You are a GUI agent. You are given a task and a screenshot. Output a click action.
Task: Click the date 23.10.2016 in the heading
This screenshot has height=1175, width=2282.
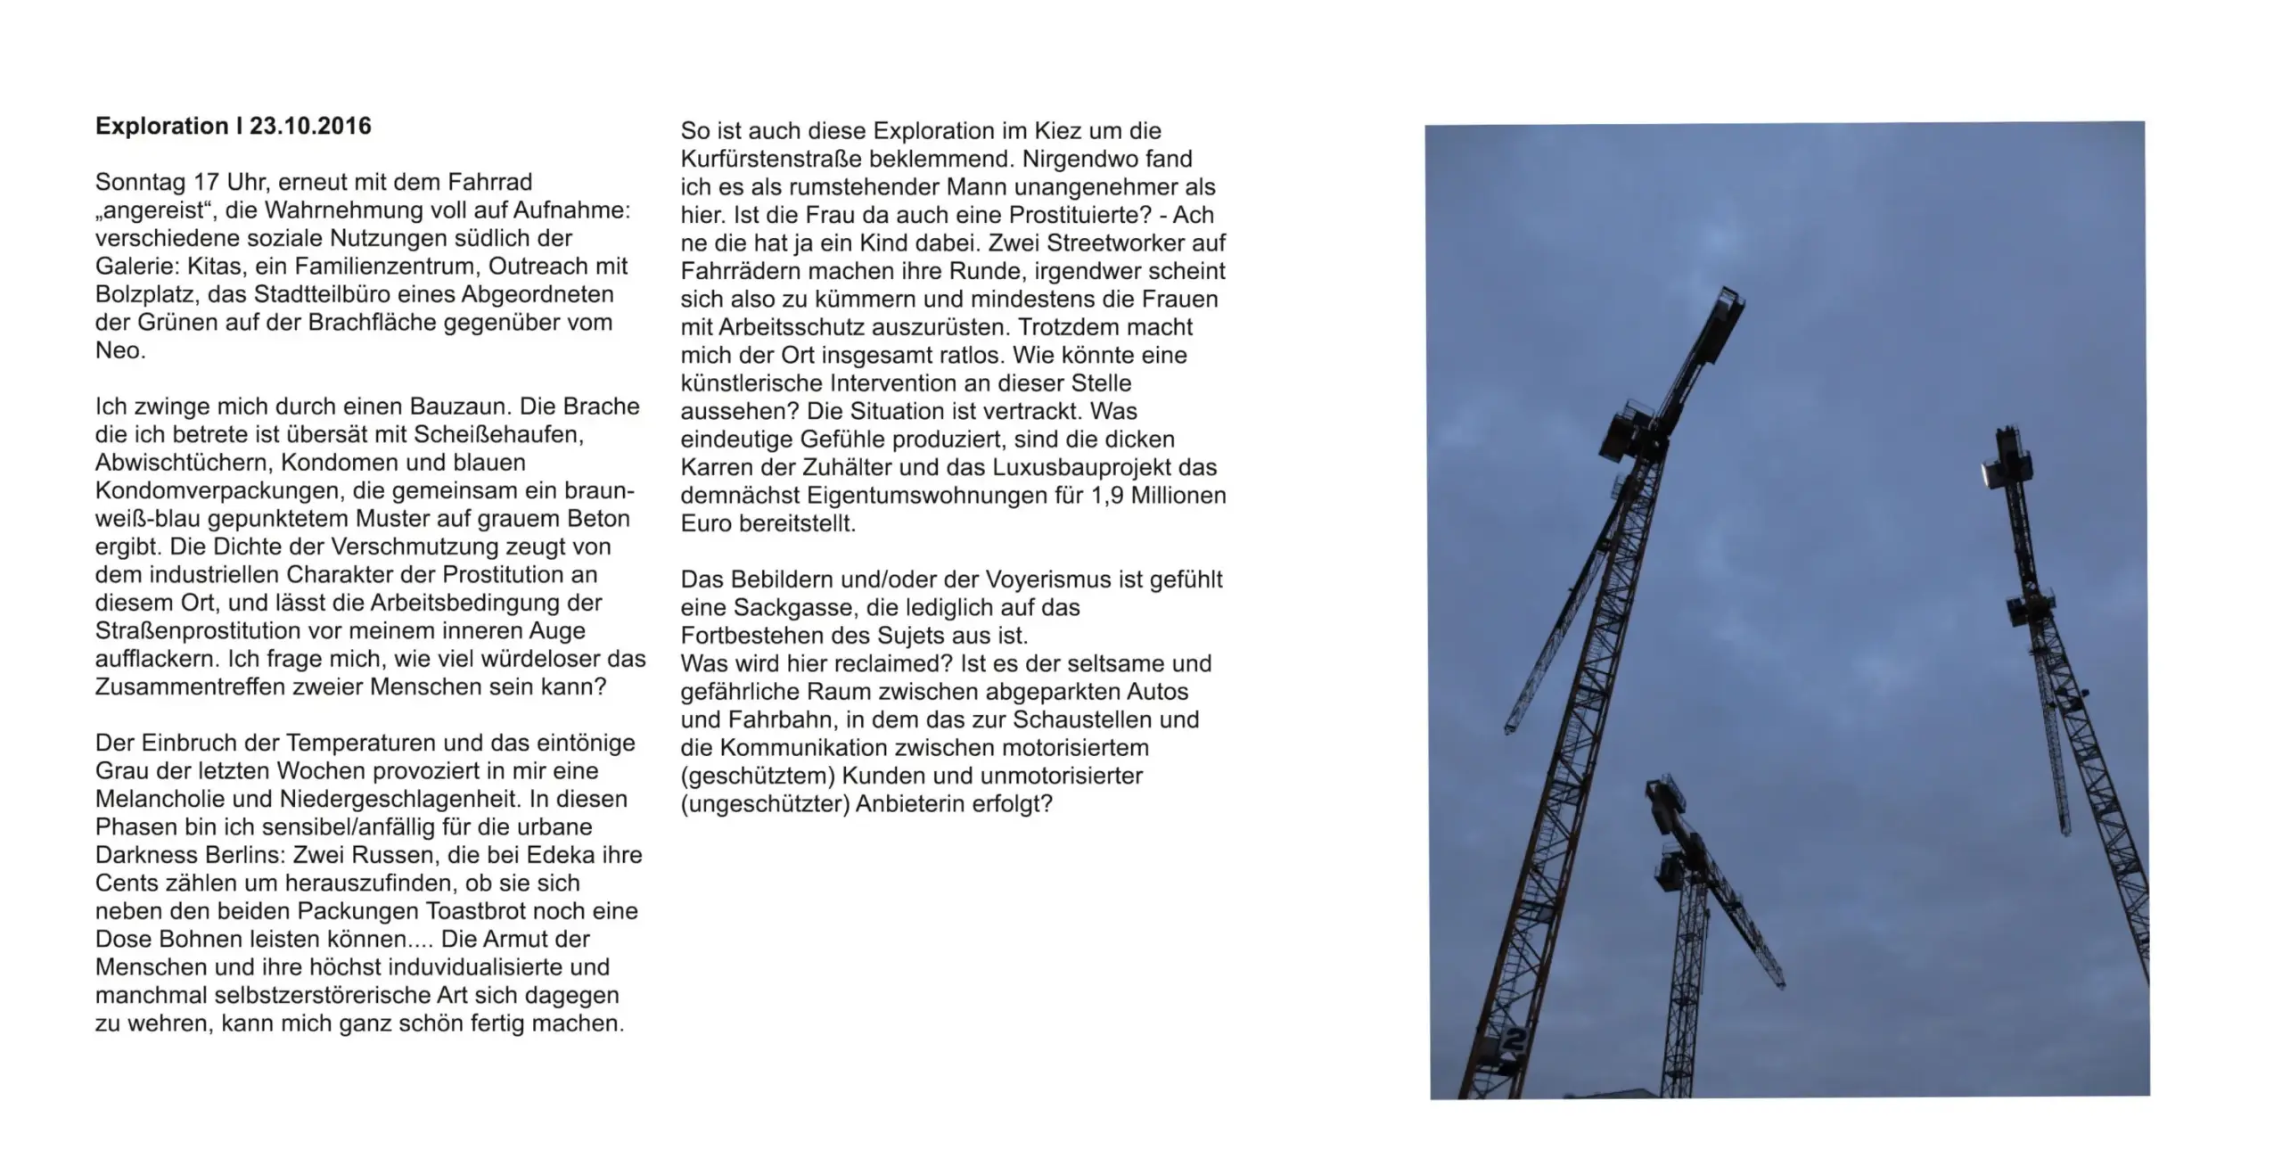310,127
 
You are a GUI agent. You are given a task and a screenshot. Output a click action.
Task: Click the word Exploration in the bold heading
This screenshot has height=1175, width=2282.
161,127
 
